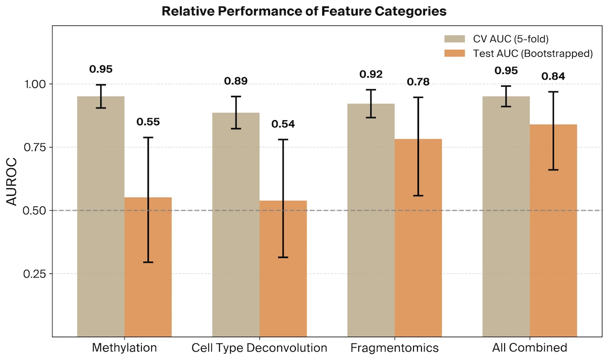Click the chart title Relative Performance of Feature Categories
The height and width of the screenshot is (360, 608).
click(x=304, y=11)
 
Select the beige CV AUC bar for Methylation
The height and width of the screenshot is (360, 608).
click(x=101, y=218)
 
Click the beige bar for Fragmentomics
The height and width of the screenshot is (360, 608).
click(x=371, y=218)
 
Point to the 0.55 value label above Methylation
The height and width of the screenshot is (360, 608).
click(x=148, y=122)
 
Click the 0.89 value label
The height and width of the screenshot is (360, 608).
click(x=236, y=81)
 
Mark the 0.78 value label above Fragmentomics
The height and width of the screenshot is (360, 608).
click(x=418, y=82)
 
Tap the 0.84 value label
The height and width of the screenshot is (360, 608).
click(x=553, y=77)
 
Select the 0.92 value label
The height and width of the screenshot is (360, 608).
click(x=371, y=75)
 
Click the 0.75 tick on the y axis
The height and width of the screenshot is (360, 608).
click(x=34, y=147)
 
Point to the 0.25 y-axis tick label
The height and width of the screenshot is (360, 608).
click(x=34, y=274)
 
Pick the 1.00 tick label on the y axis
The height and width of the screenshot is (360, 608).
click(x=34, y=84)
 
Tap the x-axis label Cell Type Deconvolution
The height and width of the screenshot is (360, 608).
click(x=259, y=348)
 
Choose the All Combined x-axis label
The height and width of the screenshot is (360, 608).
click(x=529, y=348)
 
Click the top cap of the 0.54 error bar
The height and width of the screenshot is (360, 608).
click(x=283, y=139)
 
